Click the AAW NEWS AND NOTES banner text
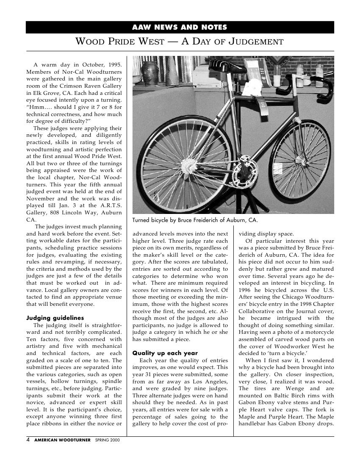(x=180, y=28)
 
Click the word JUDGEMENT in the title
(x=256, y=42)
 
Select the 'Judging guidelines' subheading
(x=55, y=318)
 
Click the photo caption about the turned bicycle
(x=195, y=220)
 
